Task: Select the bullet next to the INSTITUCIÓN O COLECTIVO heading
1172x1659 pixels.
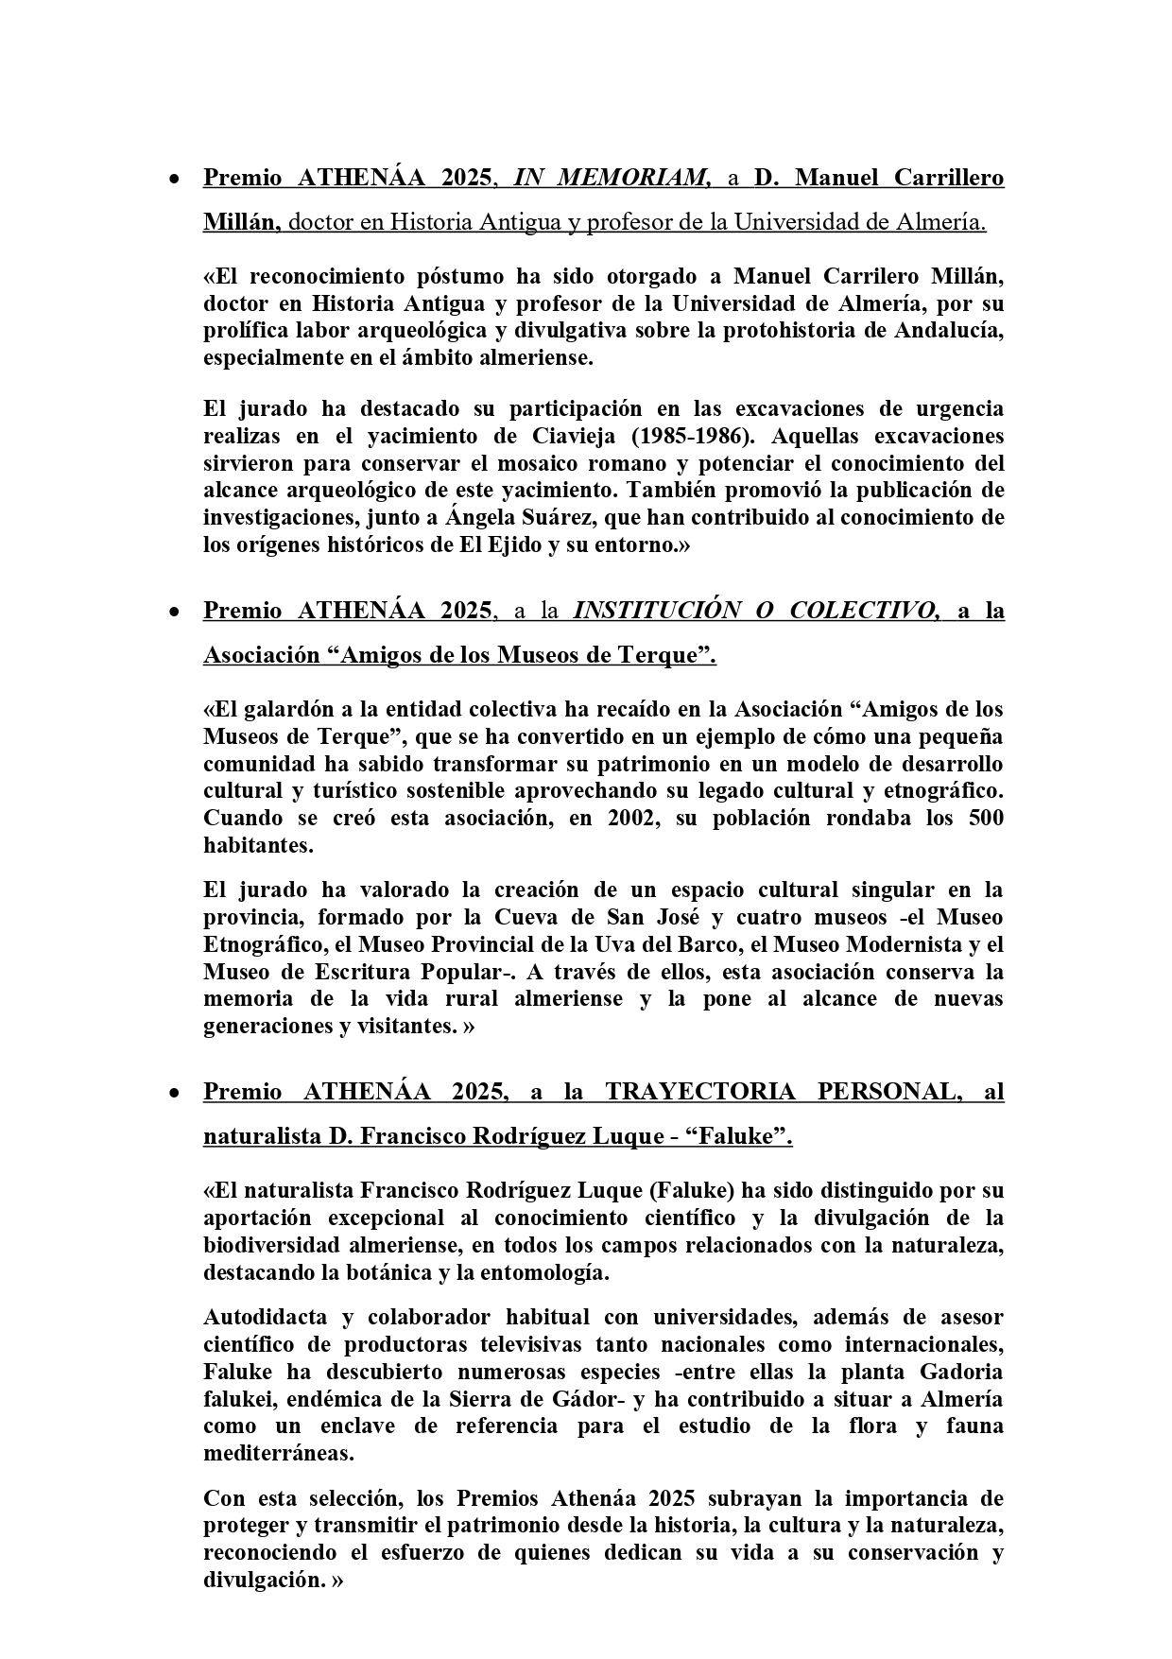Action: [174, 613]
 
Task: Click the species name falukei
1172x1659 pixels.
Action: [237, 1399]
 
